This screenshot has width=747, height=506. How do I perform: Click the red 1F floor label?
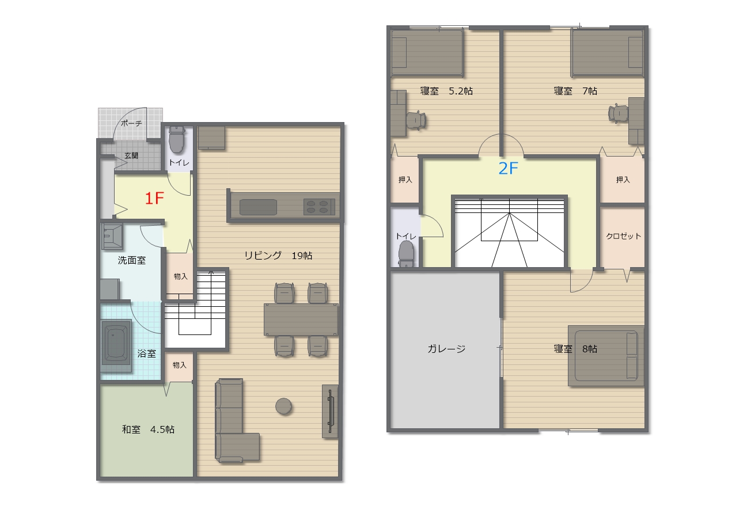point(154,199)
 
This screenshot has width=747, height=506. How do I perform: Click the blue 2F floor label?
point(508,169)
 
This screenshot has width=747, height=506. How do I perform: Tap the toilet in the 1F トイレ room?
point(177,139)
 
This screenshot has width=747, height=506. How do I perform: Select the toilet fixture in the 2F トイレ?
point(406,254)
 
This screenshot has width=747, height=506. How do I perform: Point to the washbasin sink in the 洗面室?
point(112,237)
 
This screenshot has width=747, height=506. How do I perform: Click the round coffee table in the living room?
point(284,406)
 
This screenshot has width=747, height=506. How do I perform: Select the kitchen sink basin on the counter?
point(258,207)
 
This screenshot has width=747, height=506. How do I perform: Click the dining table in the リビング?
point(301,319)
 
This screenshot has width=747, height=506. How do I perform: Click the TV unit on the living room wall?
point(330,411)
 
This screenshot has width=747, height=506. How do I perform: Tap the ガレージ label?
point(446,349)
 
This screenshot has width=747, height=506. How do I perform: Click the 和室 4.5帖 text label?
point(148,429)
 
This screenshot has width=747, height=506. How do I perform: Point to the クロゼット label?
point(623,236)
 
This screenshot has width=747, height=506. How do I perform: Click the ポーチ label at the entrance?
point(131,123)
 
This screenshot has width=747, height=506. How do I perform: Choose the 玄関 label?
point(131,155)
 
